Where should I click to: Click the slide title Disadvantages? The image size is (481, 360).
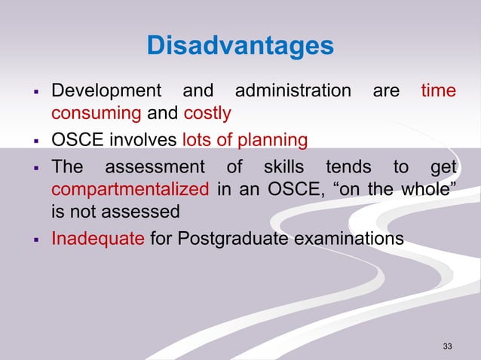240,46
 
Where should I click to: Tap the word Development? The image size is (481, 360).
106,92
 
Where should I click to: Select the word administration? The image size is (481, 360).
293,92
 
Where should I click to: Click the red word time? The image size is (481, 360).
438,92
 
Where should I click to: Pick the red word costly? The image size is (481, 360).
207,114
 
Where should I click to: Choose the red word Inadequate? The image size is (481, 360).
96,239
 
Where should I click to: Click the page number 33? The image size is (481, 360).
448,346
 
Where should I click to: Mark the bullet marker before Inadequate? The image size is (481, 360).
36,239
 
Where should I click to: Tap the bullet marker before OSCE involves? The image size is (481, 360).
36,141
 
